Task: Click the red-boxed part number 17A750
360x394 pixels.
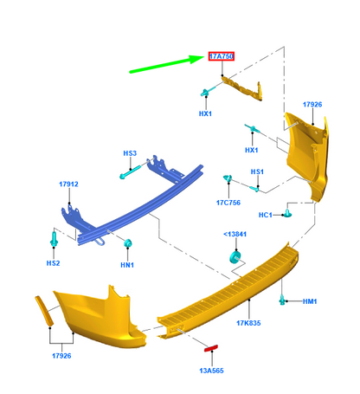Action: point(222,56)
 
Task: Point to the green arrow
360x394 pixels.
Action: point(167,64)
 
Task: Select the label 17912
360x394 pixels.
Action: point(68,184)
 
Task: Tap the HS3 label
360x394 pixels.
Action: point(130,153)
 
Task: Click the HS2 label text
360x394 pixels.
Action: point(53,263)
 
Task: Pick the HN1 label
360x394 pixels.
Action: point(127,265)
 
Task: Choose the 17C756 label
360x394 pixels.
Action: point(228,203)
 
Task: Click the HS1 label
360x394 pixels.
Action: point(257,171)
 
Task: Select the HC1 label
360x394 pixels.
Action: point(265,215)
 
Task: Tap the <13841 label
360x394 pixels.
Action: point(235,234)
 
